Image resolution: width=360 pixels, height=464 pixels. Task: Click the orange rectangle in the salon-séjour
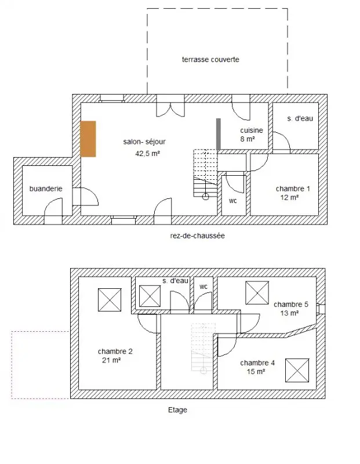(88, 139)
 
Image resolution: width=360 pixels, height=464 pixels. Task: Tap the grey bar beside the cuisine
(219, 134)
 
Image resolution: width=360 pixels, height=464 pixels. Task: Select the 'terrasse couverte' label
(210, 60)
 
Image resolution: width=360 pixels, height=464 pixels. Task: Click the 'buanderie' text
(46, 188)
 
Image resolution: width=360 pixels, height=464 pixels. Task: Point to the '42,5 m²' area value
(148, 153)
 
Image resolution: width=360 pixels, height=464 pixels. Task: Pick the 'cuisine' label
(252, 130)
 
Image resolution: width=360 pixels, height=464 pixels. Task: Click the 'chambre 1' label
(293, 188)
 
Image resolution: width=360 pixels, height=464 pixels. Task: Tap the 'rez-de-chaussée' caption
(197, 235)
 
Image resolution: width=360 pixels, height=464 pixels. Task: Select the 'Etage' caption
(177, 410)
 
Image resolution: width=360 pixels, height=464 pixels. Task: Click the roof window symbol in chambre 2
(110, 300)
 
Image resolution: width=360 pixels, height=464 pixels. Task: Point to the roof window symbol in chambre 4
(297, 370)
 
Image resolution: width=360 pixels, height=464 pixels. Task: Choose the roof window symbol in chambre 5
(257, 293)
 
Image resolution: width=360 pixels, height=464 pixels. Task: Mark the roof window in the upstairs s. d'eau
(150, 296)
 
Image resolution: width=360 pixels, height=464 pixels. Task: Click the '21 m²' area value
(111, 360)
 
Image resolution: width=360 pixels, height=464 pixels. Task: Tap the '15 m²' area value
(256, 371)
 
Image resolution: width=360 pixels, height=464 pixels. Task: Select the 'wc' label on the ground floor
(233, 201)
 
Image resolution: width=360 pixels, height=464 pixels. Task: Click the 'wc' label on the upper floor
(203, 287)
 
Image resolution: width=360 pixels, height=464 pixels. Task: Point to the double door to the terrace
(170, 110)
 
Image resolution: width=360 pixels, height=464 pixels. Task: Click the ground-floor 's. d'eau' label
(300, 118)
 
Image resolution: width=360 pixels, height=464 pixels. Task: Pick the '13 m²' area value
(289, 313)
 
